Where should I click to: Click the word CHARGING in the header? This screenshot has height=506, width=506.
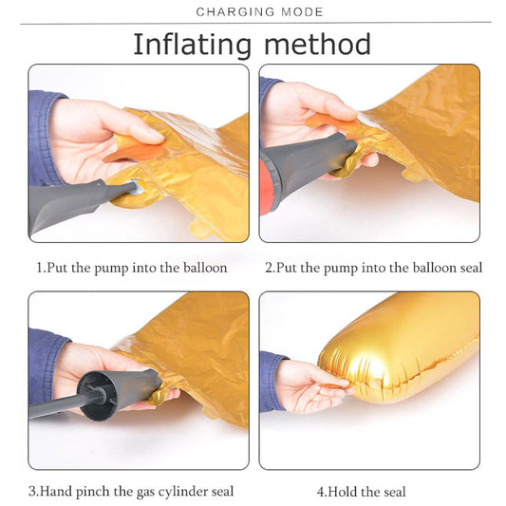(235, 12)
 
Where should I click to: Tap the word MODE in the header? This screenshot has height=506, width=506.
(302, 12)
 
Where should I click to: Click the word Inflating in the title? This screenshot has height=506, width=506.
(193, 45)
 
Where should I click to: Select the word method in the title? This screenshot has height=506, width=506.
(317, 45)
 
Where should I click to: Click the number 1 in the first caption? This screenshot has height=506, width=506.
(40, 268)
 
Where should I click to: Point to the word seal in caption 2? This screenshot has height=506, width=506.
(471, 268)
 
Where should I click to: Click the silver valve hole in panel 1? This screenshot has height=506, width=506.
(137, 187)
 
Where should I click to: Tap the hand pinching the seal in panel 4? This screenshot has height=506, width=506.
(309, 384)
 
